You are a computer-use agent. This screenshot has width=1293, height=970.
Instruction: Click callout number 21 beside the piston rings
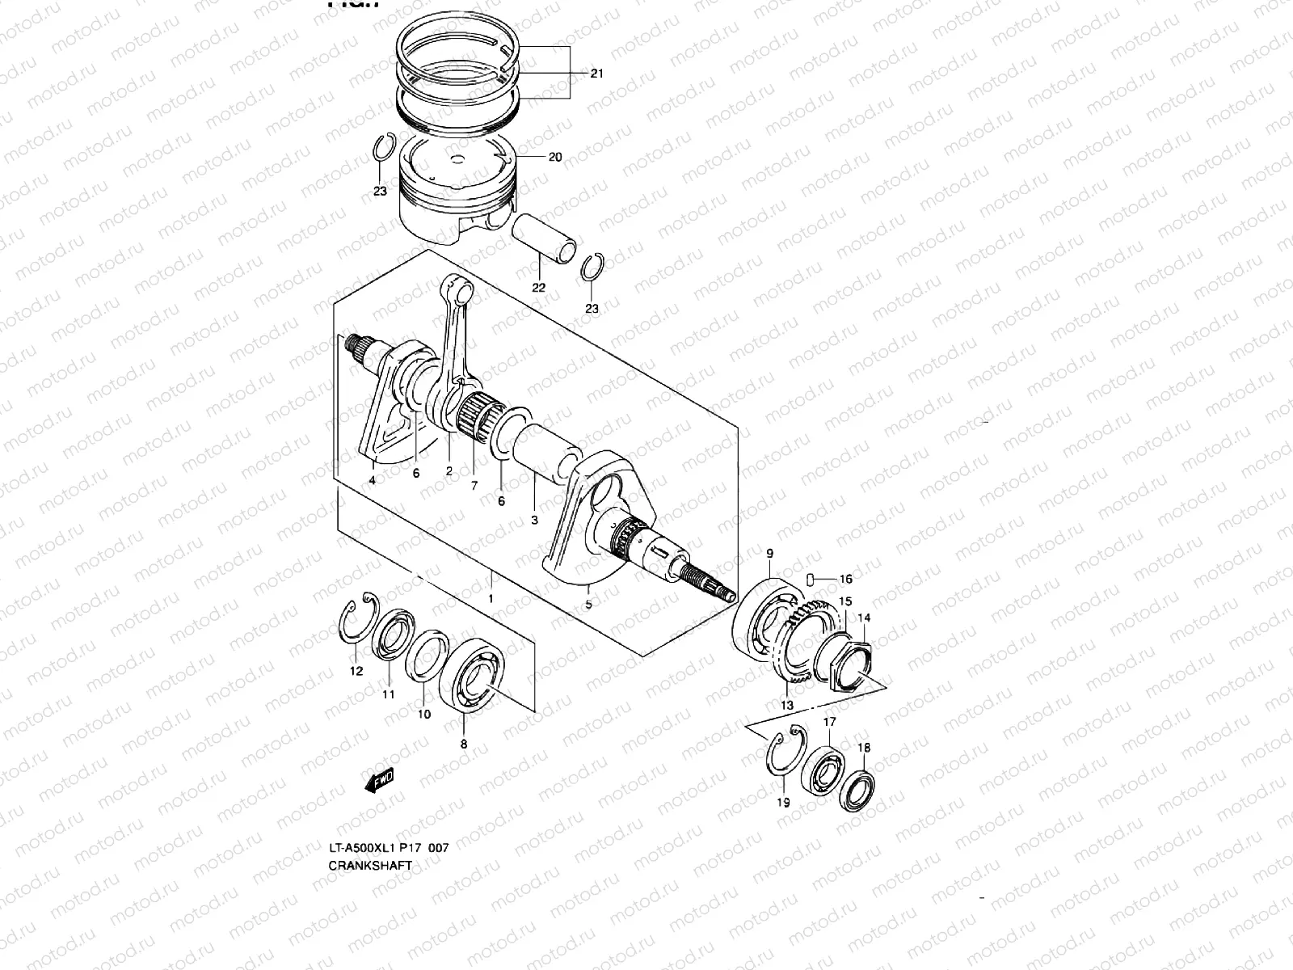(x=596, y=74)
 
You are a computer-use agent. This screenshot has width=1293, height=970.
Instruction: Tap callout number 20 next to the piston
(x=554, y=158)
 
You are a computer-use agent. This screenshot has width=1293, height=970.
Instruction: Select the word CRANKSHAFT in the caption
(x=370, y=865)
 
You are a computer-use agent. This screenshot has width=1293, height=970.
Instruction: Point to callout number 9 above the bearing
(x=769, y=554)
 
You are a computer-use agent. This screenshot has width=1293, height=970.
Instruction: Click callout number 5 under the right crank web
(x=588, y=604)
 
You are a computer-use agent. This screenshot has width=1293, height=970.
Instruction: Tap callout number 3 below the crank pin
(x=534, y=521)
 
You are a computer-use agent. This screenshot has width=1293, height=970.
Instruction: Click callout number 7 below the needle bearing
(x=474, y=486)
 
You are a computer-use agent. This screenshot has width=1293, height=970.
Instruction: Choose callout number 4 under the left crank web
(x=372, y=481)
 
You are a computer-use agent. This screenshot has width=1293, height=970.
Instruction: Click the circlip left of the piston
(x=385, y=151)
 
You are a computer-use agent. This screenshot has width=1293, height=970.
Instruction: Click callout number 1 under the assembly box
(x=491, y=599)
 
